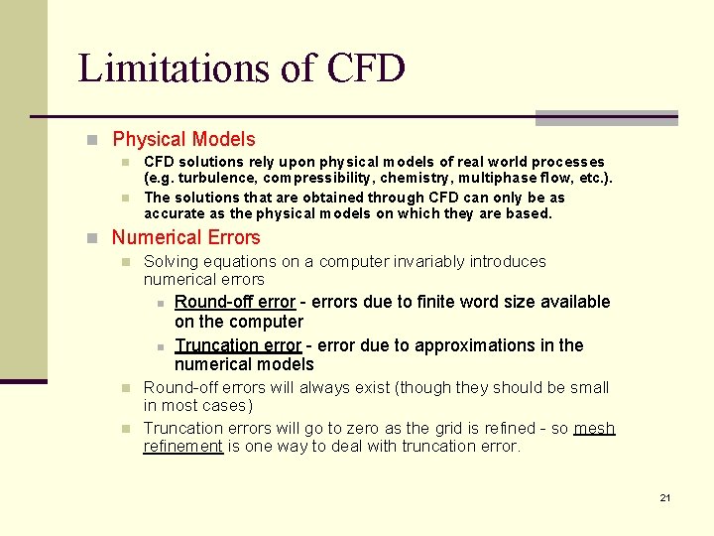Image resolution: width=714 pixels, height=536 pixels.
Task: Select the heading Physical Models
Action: (183, 140)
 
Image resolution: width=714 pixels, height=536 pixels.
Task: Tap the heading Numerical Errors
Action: (185, 237)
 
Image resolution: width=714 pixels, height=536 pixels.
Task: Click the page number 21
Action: (665, 497)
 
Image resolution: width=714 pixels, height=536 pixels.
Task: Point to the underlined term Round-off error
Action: (235, 302)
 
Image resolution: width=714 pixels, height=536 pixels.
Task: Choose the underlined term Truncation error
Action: (238, 345)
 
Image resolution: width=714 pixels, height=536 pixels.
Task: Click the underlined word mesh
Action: (594, 429)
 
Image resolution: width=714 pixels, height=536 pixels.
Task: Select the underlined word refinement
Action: (183, 447)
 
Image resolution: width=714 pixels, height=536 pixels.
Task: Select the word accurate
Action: (178, 213)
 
